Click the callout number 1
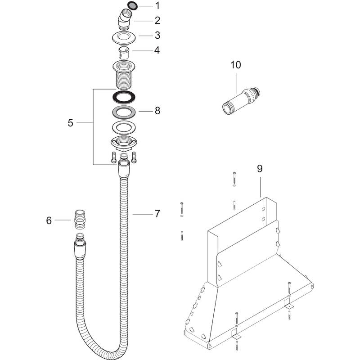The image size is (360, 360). tap(157, 6)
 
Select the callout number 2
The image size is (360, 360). tap(157, 20)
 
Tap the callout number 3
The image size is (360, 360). tap(157, 35)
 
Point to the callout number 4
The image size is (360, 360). tap(157, 50)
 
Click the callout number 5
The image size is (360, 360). tap(71, 123)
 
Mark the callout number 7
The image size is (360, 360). tap(157, 214)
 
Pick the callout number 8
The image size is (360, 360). tap(157, 110)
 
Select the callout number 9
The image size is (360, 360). tap(260, 169)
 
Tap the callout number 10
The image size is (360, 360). tap(235, 65)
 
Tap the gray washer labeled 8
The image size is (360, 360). tap(125, 112)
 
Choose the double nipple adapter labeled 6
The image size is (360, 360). tap(79, 220)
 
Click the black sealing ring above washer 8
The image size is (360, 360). tap(125, 96)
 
